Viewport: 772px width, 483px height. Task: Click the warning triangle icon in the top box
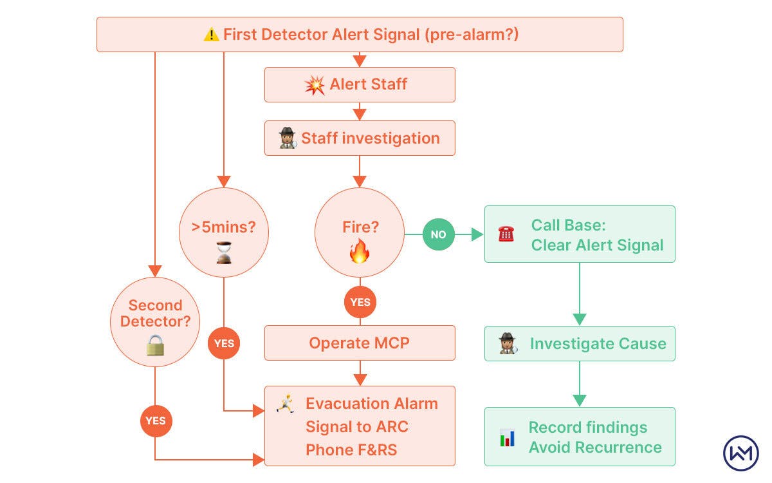coord(211,35)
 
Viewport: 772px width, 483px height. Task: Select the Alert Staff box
coord(360,84)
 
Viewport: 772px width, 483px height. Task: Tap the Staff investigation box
coord(360,138)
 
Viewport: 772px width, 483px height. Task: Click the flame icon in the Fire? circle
coord(360,251)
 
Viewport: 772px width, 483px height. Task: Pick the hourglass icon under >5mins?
coord(224,252)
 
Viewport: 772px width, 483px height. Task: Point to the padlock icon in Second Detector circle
coord(155,345)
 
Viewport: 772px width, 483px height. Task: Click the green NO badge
coord(438,234)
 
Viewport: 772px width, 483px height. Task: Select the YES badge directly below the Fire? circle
coord(360,303)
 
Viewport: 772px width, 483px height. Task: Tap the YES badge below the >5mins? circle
coord(224,343)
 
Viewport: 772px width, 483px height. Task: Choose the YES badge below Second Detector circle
coord(155,421)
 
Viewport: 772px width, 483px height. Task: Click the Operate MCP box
coord(360,343)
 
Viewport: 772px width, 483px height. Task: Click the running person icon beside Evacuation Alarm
coord(284,404)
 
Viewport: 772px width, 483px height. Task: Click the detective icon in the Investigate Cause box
coord(508,343)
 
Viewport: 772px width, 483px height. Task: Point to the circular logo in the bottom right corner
coord(741,453)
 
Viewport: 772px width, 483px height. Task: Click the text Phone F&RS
coord(351,450)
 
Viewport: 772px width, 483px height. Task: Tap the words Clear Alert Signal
coord(597,245)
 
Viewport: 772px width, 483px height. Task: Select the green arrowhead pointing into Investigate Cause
coord(580,319)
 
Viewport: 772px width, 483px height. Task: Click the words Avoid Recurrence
coord(595,448)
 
